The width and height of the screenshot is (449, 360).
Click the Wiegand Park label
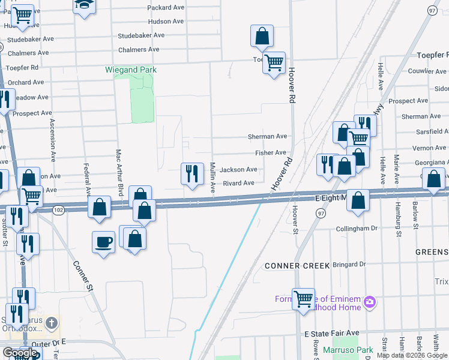tap(131, 70)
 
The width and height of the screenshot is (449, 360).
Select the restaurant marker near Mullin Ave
tap(192, 174)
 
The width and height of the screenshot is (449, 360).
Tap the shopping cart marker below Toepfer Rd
tap(274, 62)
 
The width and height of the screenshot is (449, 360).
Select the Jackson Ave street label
tap(238, 170)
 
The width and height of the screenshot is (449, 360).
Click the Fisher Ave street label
tap(271, 153)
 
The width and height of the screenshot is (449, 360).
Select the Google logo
tap(19, 353)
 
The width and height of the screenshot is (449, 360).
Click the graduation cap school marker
tap(85, 5)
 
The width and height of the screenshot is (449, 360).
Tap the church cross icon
tap(52, 323)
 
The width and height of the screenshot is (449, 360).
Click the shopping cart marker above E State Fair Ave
tap(303, 298)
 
